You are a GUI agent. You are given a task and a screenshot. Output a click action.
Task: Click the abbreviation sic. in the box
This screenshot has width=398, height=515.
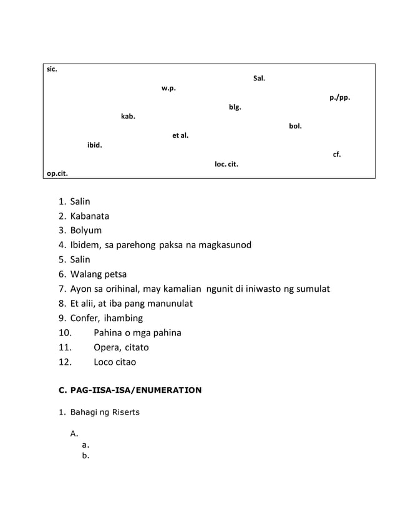click(x=52, y=69)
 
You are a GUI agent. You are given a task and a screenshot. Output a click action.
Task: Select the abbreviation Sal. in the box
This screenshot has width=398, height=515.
click(x=259, y=79)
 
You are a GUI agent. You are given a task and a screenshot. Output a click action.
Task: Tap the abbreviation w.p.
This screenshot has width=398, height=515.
click(x=168, y=88)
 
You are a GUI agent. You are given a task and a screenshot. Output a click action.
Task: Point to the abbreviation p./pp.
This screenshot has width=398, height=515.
click(x=340, y=97)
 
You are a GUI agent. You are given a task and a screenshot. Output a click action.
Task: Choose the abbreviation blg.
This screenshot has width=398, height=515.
click(x=235, y=107)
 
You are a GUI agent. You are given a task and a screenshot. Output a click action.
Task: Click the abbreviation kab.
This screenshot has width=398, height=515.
click(x=128, y=116)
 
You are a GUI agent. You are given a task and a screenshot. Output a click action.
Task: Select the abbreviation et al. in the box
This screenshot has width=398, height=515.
click(x=180, y=135)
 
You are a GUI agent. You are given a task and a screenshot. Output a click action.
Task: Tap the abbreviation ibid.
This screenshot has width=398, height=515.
click(x=95, y=145)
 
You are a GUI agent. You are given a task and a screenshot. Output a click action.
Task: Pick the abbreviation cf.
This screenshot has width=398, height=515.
click(x=337, y=154)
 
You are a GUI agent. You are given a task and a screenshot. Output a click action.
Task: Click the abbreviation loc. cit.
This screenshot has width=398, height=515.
click(x=226, y=164)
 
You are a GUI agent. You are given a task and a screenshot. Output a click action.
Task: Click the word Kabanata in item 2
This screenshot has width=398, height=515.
click(x=89, y=216)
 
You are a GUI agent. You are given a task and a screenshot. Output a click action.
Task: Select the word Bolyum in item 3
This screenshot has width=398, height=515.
click(x=85, y=231)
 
